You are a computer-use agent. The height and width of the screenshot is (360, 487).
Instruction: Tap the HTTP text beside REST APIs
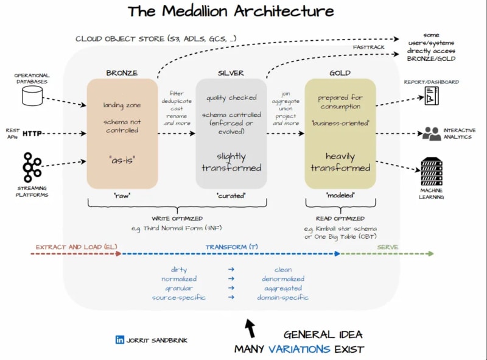[x=32, y=133]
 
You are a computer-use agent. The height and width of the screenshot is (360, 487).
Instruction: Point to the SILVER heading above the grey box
[x=231, y=72]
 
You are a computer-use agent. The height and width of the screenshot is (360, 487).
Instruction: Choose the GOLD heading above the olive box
[x=340, y=72]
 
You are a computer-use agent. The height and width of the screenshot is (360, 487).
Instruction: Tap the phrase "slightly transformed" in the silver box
[x=231, y=161]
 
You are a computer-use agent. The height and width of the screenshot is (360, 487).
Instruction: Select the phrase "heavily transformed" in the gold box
[x=340, y=162]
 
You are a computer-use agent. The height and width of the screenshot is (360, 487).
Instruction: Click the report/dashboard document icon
[x=432, y=95]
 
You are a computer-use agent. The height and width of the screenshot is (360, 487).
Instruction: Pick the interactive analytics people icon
[x=432, y=133]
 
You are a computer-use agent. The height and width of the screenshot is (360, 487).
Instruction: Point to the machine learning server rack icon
[x=432, y=172]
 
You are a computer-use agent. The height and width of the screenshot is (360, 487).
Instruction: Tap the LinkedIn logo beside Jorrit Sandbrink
[x=119, y=339]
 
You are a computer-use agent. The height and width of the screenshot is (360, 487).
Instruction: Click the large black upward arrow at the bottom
[x=250, y=328]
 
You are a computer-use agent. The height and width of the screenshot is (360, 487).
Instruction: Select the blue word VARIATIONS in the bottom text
[x=301, y=349]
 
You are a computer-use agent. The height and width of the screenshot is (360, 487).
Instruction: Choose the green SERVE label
[x=387, y=247]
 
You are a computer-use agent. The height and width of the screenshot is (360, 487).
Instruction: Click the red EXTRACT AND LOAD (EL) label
[x=76, y=247]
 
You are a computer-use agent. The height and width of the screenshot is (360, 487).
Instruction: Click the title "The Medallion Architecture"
[x=231, y=11]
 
